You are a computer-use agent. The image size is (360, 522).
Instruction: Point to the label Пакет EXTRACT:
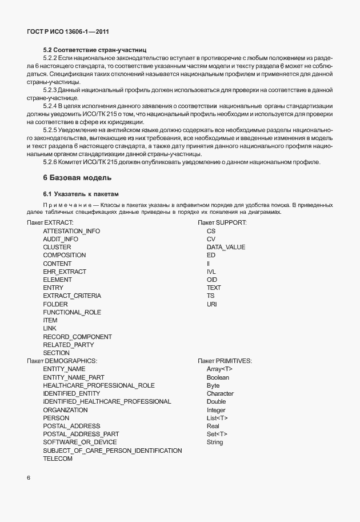pyautogui.click(x=50, y=222)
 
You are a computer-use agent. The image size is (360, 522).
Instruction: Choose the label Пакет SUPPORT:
pyautogui.click(x=222, y=222)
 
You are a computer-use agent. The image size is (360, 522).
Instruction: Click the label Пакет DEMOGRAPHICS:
pyautogui.click(x=62, y=361)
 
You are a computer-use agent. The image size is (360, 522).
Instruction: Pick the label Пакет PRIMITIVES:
pyautogui.click(x=225, y=361)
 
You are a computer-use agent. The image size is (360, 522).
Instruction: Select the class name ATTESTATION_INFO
pyautogui.click(x=71, y=231)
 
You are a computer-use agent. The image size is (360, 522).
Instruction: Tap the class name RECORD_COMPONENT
pyautogui.click(x=77, y=337)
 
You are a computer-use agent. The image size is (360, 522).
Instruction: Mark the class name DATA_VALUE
pyautogui.click(x=226, y=247)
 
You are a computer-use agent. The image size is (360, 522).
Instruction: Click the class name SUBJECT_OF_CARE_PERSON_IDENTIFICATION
pyautogui.click(x=113, y=451)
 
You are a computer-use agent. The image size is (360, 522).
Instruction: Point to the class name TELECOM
pyautogui.click(x=58, y=459)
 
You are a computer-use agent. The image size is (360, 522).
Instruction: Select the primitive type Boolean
pyautogui.click(x=218, y=377)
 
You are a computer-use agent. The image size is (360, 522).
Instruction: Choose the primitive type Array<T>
pyautogui.click(x=219, y=369)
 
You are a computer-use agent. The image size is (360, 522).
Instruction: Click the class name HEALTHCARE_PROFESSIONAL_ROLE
pyautogui.click(x=99, y=385)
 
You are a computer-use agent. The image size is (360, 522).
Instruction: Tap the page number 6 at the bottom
pyautogui.click(x=29, y=477)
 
